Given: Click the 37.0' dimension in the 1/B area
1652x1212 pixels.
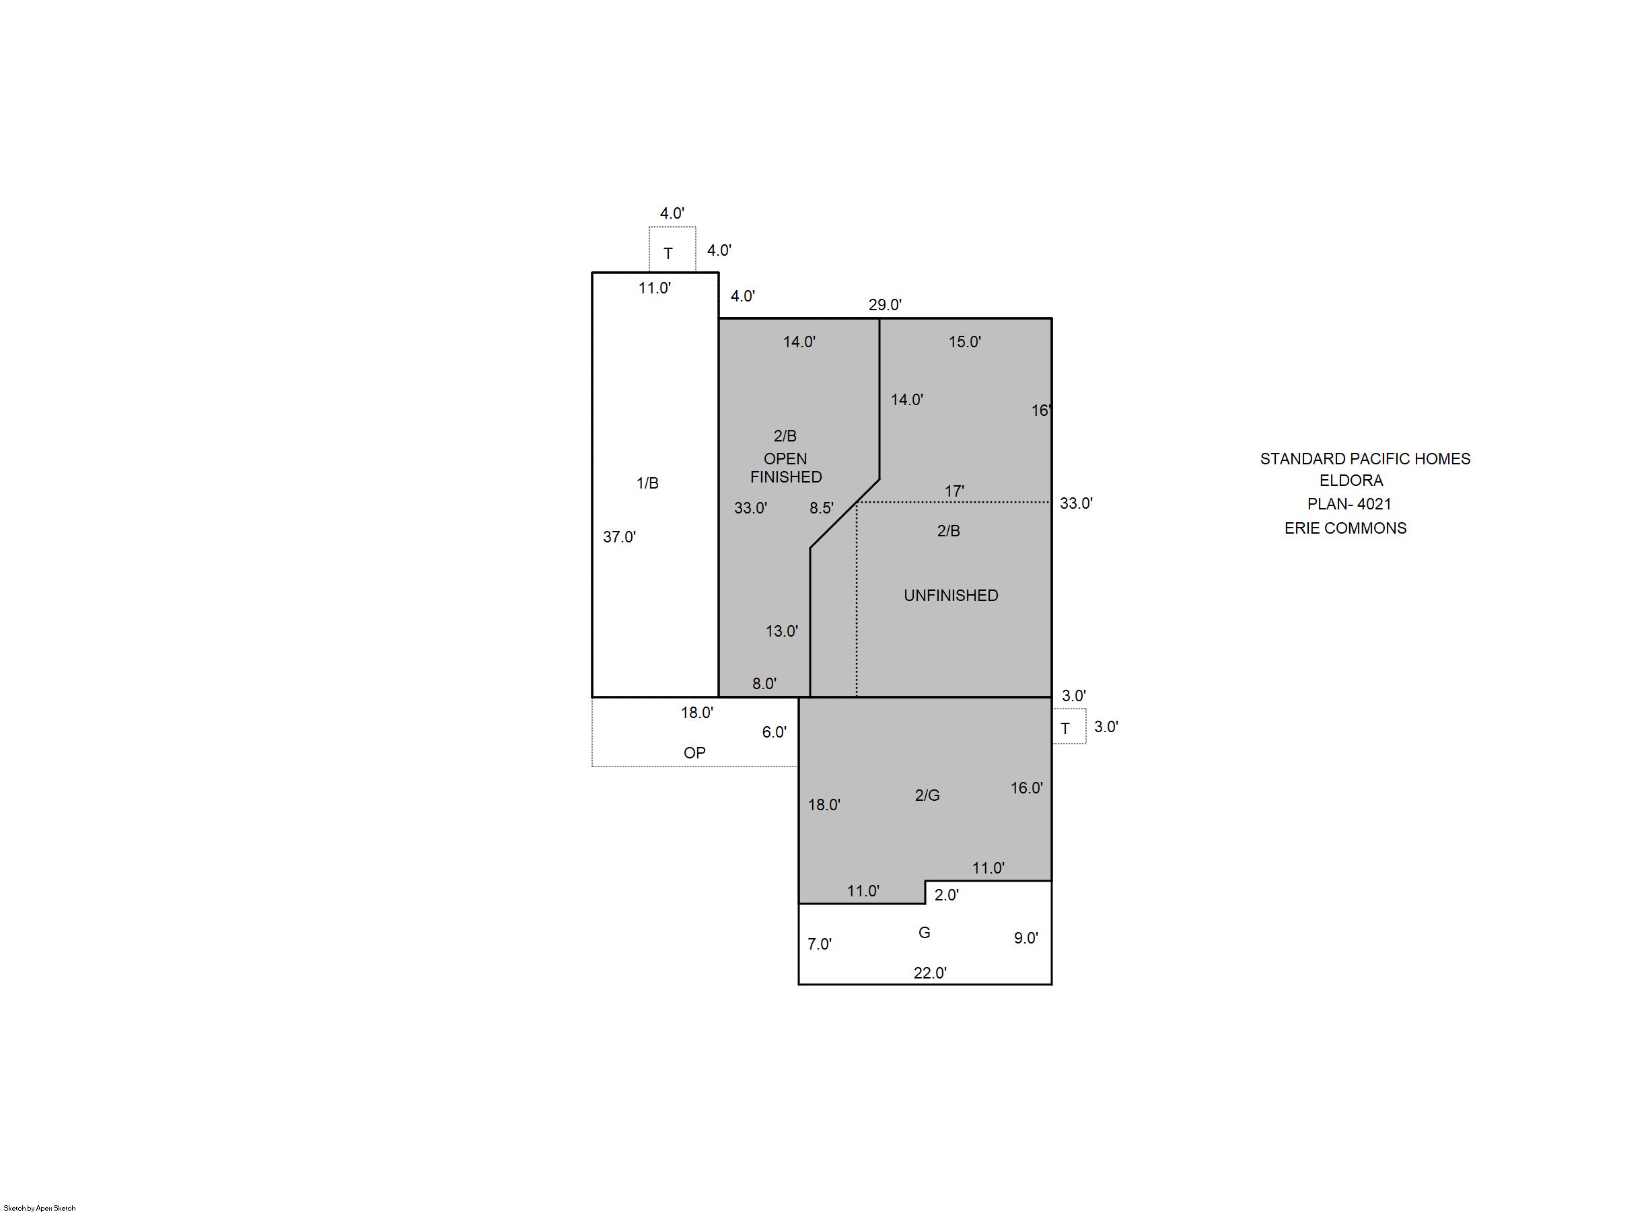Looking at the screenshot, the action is click(619, 537).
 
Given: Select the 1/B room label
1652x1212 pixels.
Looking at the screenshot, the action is click(647, 483).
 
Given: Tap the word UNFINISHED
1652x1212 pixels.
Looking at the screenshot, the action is click(951, 596).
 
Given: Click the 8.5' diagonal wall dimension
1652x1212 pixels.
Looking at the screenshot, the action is click(822, 507).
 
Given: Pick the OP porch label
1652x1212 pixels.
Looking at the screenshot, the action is click(694, 753).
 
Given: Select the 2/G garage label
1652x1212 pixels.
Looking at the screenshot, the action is click(927, 795).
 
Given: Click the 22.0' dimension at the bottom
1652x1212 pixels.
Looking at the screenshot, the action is click(930, 973).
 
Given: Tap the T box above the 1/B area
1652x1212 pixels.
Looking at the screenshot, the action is click(672, 250).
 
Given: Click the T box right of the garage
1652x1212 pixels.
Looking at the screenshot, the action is click(1069, 726).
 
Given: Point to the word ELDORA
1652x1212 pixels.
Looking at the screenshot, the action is click(1351, 480).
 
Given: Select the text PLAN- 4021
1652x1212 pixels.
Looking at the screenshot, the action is click(1349, 504).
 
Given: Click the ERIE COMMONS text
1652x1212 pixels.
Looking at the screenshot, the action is click(1345, 528).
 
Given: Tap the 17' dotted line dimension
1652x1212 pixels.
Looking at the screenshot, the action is click(954, 491).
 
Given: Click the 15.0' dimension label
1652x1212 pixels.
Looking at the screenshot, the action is click(965, 342).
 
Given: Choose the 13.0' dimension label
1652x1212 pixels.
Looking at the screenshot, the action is click(782, 631).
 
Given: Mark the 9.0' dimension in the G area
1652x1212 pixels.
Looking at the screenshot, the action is click(1026, 937).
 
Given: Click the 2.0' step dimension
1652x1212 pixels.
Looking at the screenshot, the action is click(946, 895).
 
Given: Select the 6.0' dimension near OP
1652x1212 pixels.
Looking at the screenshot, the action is click(774, 732).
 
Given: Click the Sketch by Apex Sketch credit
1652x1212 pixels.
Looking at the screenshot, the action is click(40, 1207).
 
